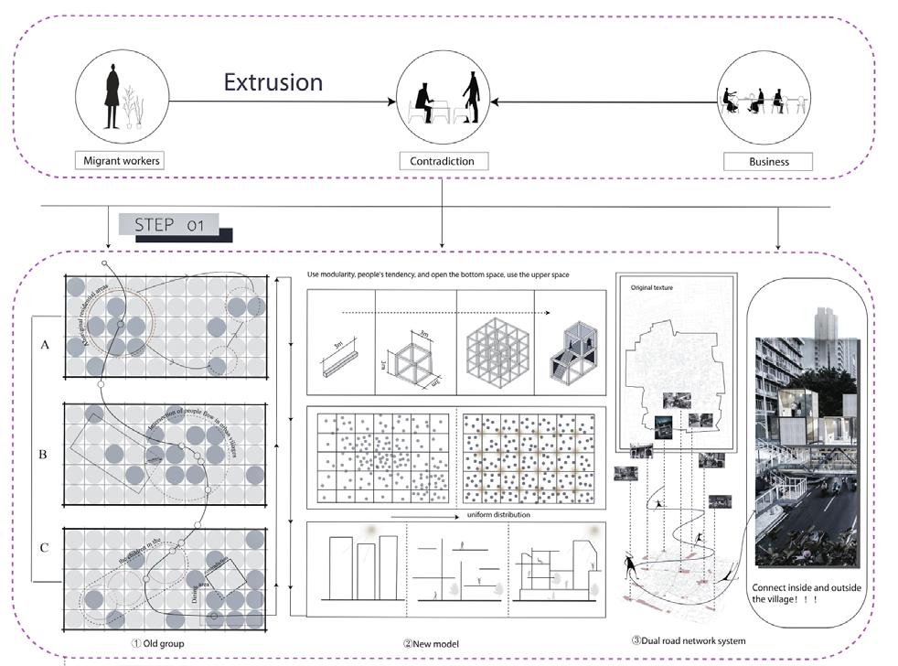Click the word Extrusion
pyautogui.click(x=273, y=82)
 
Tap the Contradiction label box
pyautogui.click(x=443, y=161)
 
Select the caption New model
pyautogui.click(x=430, y=644)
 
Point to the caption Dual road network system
pyautogui.click(x=688, y=640)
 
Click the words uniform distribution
pyautogui.click(x=497, y=514)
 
